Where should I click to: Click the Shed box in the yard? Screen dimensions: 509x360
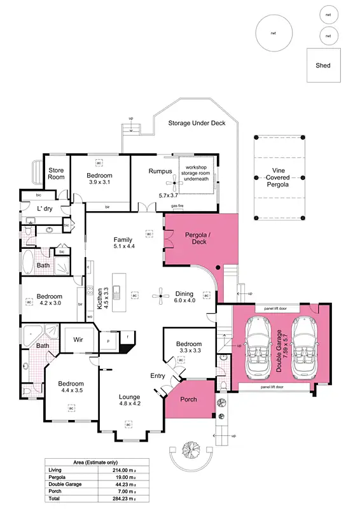pos(323,65)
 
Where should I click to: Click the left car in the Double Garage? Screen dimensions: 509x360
pos(258,346)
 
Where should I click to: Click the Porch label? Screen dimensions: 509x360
pos(189,400)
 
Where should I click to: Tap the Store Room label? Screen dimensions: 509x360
pos(56,173)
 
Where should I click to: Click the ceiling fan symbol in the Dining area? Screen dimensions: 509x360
pos(158,295)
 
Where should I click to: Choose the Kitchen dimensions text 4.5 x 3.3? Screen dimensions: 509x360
pos(106,297)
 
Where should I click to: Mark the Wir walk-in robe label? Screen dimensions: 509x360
pos(79,340)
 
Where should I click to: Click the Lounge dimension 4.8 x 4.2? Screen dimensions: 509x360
pos(130,403)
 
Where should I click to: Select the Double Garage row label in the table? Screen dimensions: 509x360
pos(66,485)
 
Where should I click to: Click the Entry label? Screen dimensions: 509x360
pos(158,375)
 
